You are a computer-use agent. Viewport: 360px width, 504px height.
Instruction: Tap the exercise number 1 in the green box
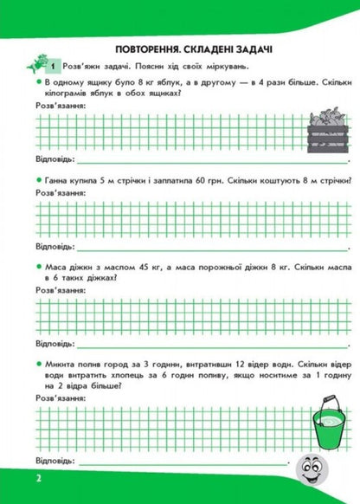click(x=54, y=67)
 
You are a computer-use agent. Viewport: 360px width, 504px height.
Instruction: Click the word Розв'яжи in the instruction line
click(x=82, y=68)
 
